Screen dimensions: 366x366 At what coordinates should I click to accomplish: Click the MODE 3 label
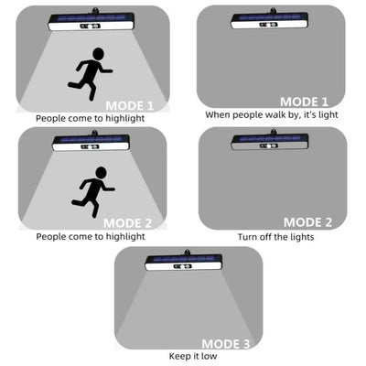click(x=226, y=344)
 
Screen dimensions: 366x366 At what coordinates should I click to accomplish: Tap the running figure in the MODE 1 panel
click(x=91, y=74)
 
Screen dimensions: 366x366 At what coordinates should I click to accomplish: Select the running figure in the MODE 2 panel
click(x=93, y=192)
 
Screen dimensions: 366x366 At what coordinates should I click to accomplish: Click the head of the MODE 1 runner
click(x=98, y=54)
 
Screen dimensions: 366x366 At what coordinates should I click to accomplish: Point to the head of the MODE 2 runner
click(x=101, y=173)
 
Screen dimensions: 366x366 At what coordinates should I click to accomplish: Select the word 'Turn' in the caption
click(x=248, y=237)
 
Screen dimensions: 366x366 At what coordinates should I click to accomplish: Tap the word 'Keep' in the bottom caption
click(x=179, y=356)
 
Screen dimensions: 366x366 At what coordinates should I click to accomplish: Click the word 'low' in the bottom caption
click(x=210, y=356)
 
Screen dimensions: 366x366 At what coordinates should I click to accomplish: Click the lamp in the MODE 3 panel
click(x=184, y=261)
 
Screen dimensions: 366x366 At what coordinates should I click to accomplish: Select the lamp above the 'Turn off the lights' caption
click(x=270, y=141)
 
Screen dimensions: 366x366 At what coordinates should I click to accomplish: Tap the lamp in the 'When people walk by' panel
click(x=270, y=19)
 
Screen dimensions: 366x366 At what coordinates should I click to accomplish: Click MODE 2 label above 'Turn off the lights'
click(x=307, y=222)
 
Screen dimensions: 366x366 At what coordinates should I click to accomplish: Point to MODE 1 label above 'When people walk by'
click(x=304, y=102)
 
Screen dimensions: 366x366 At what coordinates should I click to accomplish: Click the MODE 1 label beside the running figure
click(x=130, y=106)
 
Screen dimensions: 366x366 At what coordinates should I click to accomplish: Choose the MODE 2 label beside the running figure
click(x=127, y=223)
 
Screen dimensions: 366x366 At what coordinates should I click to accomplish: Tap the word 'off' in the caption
click(x=264, y=237)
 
